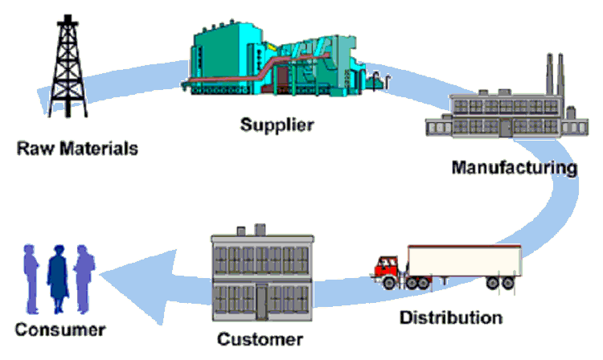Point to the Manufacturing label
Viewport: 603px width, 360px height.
pos(514,168)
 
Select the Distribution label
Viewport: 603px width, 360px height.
pos(451,317)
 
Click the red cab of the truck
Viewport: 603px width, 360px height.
pos(388,265)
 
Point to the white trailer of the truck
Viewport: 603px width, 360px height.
pos(464,260)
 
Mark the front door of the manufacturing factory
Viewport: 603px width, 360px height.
pos(505,127)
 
